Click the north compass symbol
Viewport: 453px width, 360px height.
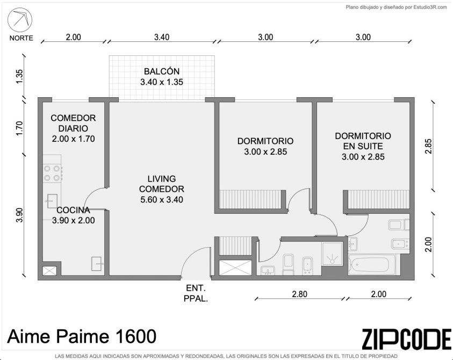[x=20, y=20]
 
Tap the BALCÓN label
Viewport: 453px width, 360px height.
[x=162, y=71]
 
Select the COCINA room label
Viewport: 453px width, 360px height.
[x=73, y=210]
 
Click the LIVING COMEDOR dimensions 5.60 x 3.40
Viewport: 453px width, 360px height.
[x=162, y=200]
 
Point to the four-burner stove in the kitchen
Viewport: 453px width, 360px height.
[x=53, y=173]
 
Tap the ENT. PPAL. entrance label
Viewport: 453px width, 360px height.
[x=196, y=293]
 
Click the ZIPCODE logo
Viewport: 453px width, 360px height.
[x=406, y=339]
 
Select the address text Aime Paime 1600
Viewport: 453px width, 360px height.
[x=82, y=336]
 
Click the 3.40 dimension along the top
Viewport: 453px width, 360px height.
[x=162, y=37]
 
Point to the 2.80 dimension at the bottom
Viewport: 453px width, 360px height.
[x=299, y=294]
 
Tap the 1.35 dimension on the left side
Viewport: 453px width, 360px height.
[x=19, y=76]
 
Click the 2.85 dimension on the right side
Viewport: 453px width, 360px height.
[x=429, y=147]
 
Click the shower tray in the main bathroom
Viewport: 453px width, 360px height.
[x=332, y=254]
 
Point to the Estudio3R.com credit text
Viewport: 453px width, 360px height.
[x=397, y=7]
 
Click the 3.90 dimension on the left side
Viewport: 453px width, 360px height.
[x=19, y=215]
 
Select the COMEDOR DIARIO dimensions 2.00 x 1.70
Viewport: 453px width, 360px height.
[x=74, y=139]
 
